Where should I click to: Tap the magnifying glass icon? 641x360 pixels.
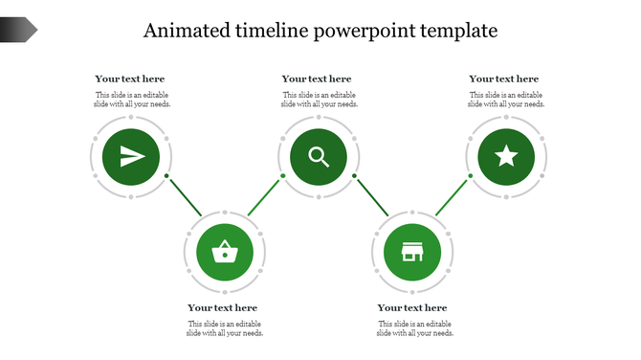point(319,156)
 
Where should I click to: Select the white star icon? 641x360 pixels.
point(506,156)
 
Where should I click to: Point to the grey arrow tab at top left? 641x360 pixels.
point(18,31)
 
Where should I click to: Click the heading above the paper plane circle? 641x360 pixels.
point(130,79)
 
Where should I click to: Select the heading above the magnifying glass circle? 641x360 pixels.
point(317,79)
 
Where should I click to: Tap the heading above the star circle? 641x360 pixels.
point(504,79)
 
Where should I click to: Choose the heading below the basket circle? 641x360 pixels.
point(223,307)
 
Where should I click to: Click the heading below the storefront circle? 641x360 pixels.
point(412,307)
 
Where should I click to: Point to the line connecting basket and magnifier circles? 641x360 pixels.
point(264,196)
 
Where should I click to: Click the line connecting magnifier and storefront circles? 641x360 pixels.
point(372,196)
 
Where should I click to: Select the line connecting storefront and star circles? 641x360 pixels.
point(452,196)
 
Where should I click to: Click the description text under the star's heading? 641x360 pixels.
point(507,100)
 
